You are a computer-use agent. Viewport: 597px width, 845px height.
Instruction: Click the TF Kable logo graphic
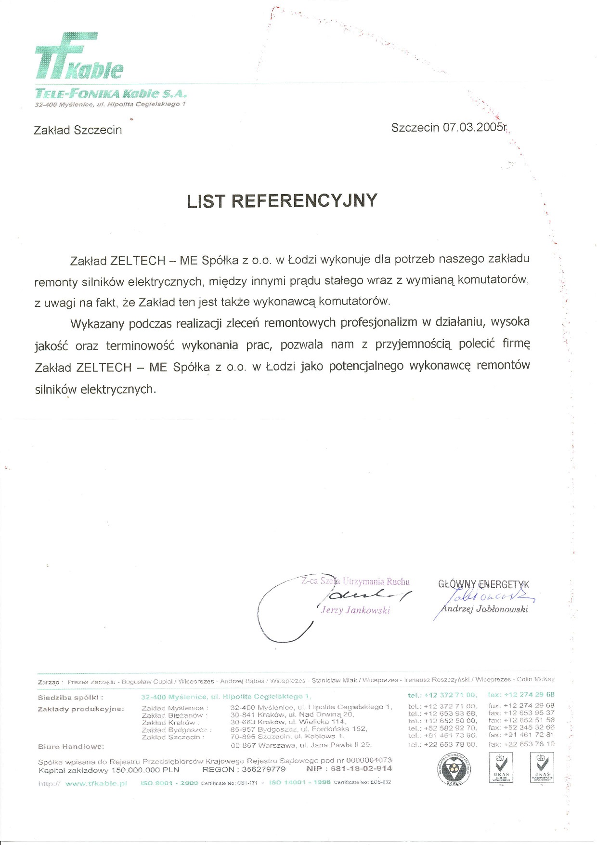78,56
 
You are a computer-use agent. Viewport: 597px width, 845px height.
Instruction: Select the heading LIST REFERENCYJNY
282,200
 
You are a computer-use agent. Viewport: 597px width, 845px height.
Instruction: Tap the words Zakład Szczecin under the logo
78,130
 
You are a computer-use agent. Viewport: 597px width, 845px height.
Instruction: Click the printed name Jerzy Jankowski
355,610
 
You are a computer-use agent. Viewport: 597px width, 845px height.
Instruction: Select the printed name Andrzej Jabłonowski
484,609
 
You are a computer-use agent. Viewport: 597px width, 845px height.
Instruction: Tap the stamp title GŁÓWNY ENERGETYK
483,584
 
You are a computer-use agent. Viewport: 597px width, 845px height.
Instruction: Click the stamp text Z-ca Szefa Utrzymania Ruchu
355,581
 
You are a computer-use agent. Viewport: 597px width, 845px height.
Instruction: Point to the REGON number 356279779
263,769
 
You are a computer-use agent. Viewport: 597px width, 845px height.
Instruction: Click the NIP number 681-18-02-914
361,768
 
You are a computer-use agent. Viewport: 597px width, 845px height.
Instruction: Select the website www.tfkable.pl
96,783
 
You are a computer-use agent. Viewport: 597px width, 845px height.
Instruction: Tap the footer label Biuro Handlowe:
71,747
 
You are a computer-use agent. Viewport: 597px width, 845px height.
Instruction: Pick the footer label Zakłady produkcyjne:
80,709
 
